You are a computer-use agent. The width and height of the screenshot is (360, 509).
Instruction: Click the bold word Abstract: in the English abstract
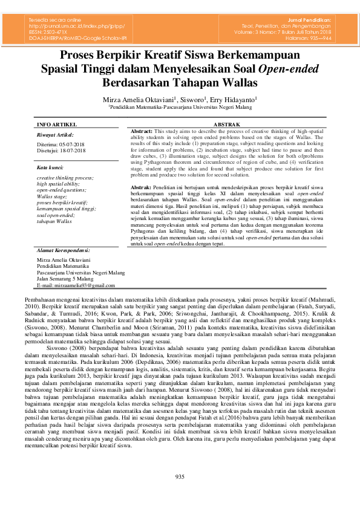[x=142, y=131]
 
